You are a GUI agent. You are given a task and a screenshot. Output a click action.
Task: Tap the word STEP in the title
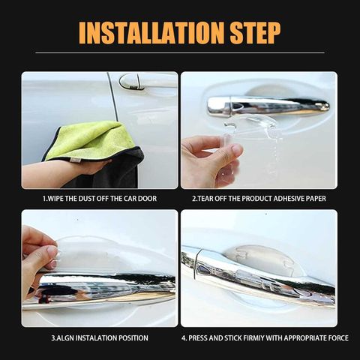click(255, 33)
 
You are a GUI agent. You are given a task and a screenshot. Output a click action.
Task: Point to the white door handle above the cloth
click(148, 80)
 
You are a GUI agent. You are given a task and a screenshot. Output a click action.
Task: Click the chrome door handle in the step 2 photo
click(268, 106)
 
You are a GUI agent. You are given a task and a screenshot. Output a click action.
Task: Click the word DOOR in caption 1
click(147, 199)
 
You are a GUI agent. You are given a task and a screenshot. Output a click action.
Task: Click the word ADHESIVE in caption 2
click(289, 199)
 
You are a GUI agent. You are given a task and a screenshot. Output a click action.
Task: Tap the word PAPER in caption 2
click(317, 199)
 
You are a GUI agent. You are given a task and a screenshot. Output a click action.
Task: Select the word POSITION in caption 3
click(133, 338)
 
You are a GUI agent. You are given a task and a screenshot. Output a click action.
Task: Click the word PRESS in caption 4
click(198, 338)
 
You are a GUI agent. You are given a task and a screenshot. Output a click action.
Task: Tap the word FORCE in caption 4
click(338, 338)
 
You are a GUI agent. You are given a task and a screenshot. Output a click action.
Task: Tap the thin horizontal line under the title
click(180, 52)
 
